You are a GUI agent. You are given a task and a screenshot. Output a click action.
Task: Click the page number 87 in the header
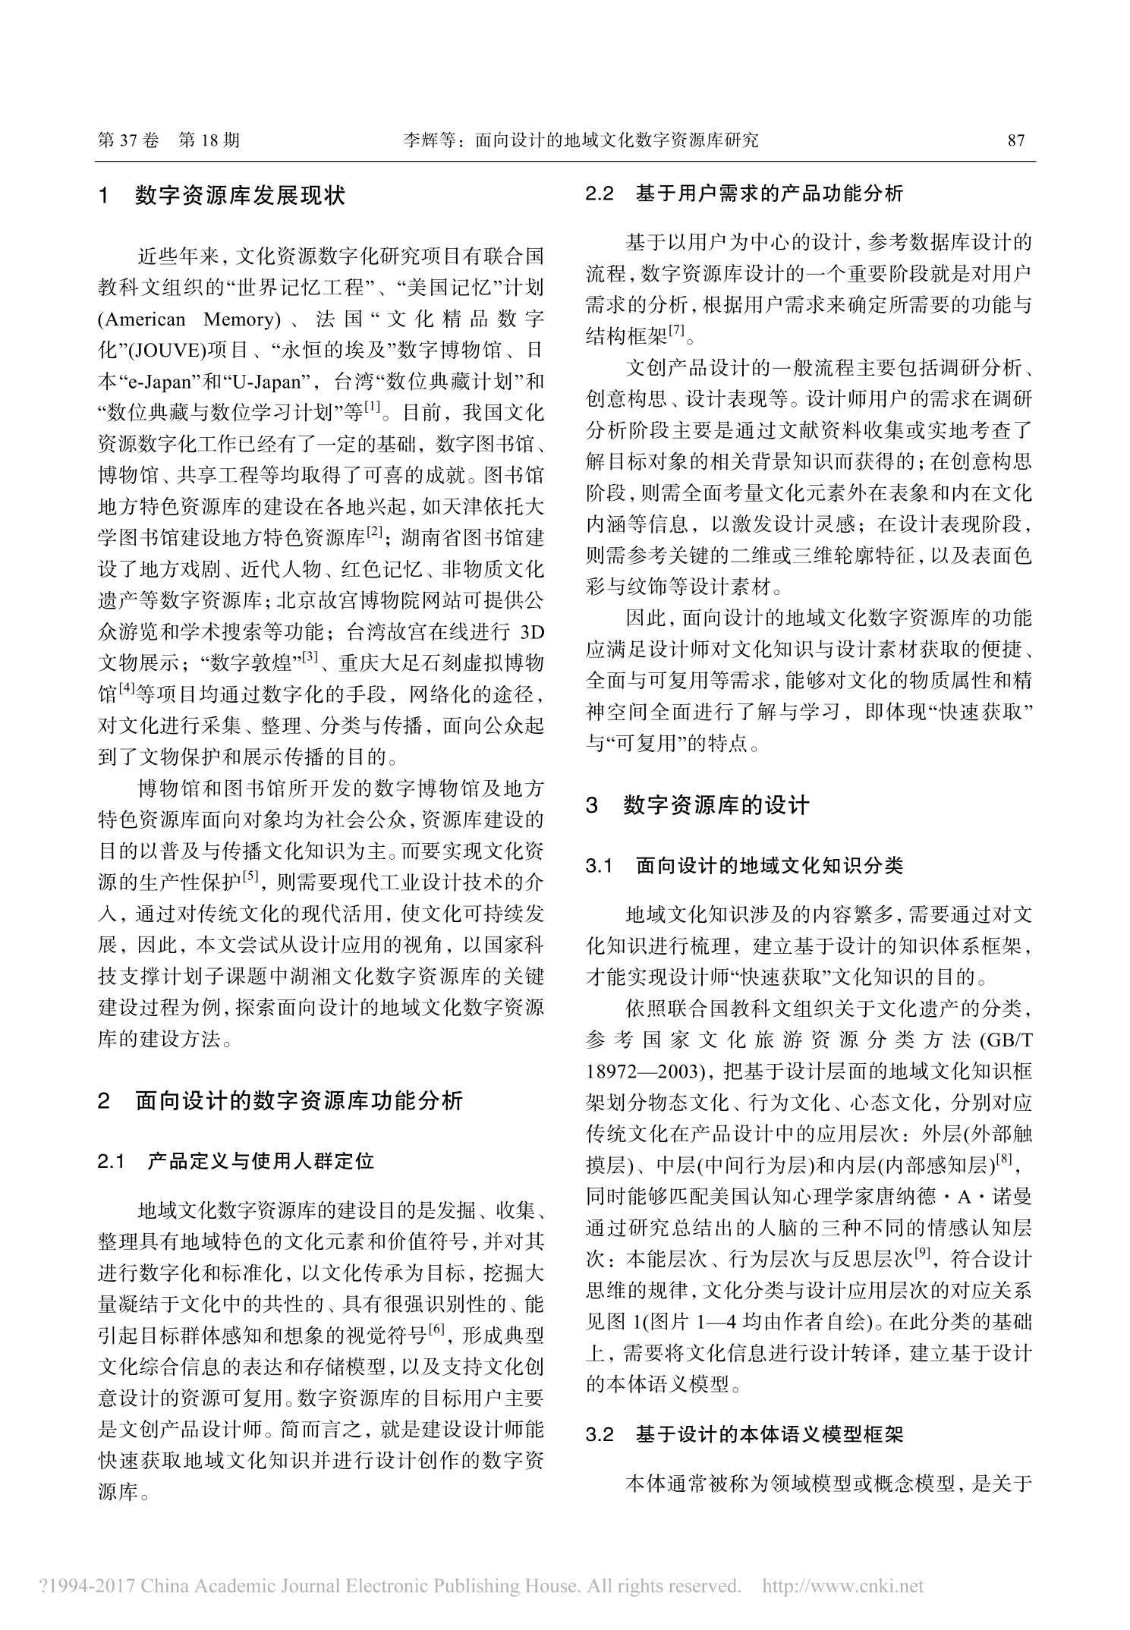click(1015, 140)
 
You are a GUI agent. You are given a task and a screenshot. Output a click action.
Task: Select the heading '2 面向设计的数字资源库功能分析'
click(280, 1100)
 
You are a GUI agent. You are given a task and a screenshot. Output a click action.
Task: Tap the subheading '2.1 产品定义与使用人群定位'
click(236, 1162)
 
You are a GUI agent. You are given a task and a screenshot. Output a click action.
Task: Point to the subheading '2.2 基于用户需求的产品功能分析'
click(744, 194)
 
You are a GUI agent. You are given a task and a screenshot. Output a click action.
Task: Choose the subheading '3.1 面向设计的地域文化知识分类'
click(744, 866)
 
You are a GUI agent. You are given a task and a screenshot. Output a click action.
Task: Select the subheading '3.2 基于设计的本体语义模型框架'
click(744, 1434)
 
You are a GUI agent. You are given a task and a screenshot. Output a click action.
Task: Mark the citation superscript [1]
click(373, 408)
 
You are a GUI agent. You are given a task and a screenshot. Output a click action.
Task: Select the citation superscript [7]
click(677, 331)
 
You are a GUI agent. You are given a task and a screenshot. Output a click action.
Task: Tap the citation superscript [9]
click(923, 1256)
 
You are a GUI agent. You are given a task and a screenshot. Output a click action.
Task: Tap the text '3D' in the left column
click(530, 632)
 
